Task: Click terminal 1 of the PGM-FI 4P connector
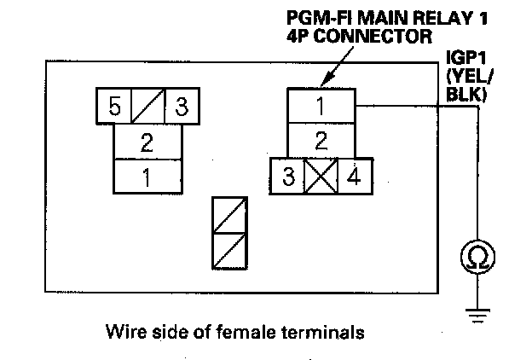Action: click(321, 106)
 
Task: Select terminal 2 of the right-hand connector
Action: click(321, 141)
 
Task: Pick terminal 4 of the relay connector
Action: click(353, 177)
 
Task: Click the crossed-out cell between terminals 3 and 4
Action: click(321, 177)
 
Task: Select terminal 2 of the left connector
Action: click(147, 142)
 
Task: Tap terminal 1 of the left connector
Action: click(147, 177)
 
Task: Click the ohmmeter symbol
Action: click(477, 255)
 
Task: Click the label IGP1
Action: click(465, 57)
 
